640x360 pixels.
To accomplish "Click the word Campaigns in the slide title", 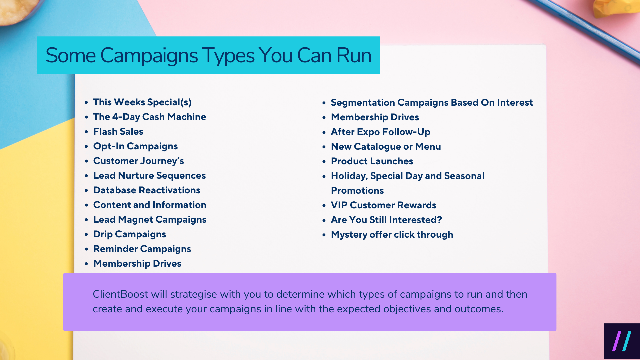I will (x=149, y=55).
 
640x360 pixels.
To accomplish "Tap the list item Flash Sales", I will (x=118, y=132).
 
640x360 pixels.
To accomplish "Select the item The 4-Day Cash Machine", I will (x=149, y=117).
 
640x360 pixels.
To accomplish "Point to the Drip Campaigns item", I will (x=129, y=234).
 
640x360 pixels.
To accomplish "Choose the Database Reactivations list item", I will (x=147, y=190).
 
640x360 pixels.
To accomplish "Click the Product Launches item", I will (x=372, y=161).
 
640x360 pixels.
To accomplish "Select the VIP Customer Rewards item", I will (x=383, y=205).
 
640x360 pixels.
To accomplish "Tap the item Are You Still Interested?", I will (x=386, y=220).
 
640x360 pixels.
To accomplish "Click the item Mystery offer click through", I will (x=392, y=235).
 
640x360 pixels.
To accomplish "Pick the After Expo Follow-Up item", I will (x=380, y=132).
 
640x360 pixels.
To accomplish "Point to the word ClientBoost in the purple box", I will (x=120, y=294).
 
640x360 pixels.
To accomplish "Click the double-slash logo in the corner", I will (x=622, y=341).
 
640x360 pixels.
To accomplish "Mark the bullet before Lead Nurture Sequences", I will (x=86, y=176).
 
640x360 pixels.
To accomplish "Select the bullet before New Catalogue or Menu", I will (x=324, y=147).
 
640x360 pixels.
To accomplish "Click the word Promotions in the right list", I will (x=357, y=191).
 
